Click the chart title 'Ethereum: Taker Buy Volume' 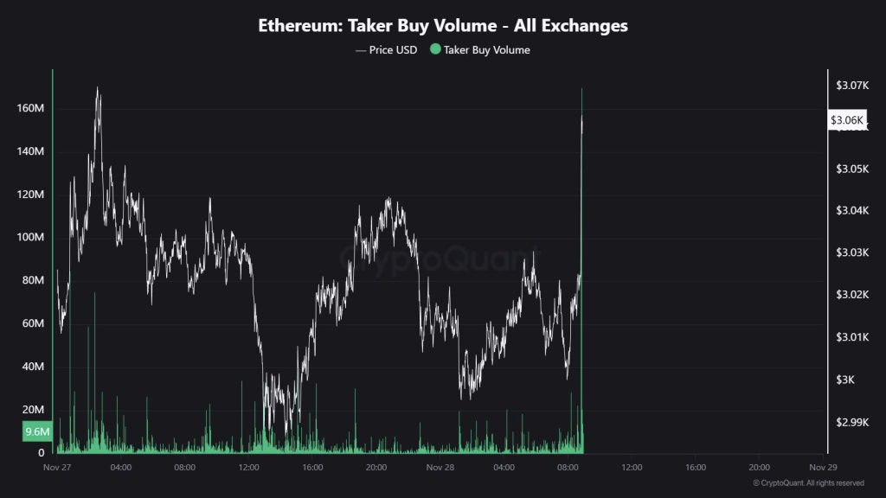(x=443, y=26)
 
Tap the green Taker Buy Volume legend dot (x=435, y=50)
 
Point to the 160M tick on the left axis (x=30, y=109)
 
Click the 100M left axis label (x=30, y=238)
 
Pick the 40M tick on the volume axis (x=32, y=367)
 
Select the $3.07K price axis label (x=850, y=85)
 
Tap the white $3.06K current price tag (x=847, y=120)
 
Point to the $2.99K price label (x=850, y=423)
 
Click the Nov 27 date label (x=57, y=468)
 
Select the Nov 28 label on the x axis (x=440, y=468)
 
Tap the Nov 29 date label (x=823, y=468)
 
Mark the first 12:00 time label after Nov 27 (x=248, y=468)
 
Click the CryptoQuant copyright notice (x=808, y=482)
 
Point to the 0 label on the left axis (x=41, y=452)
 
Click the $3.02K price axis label (x=850, y=296)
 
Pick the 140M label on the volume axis (x=30, y=152)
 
